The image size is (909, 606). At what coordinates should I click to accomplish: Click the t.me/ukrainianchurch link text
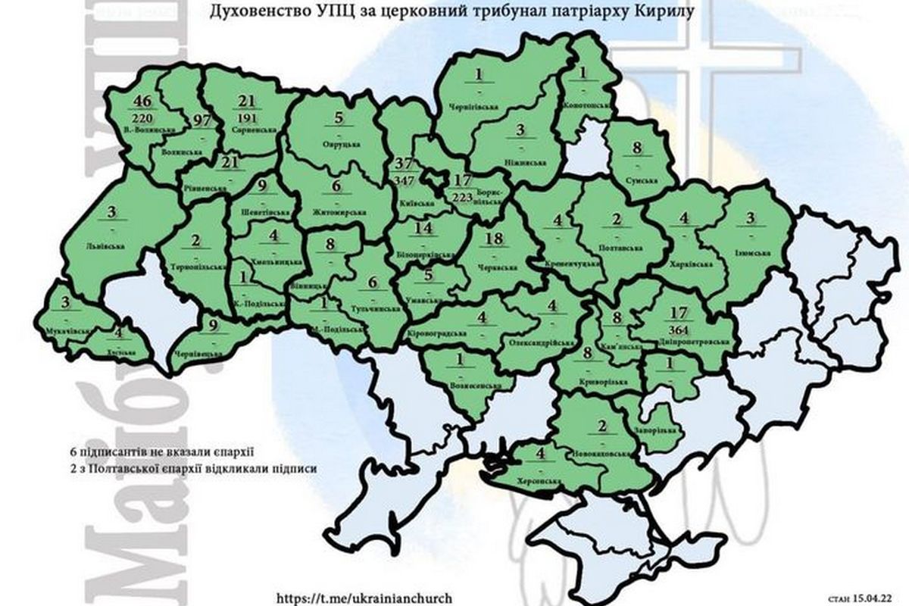click(350, 597)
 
